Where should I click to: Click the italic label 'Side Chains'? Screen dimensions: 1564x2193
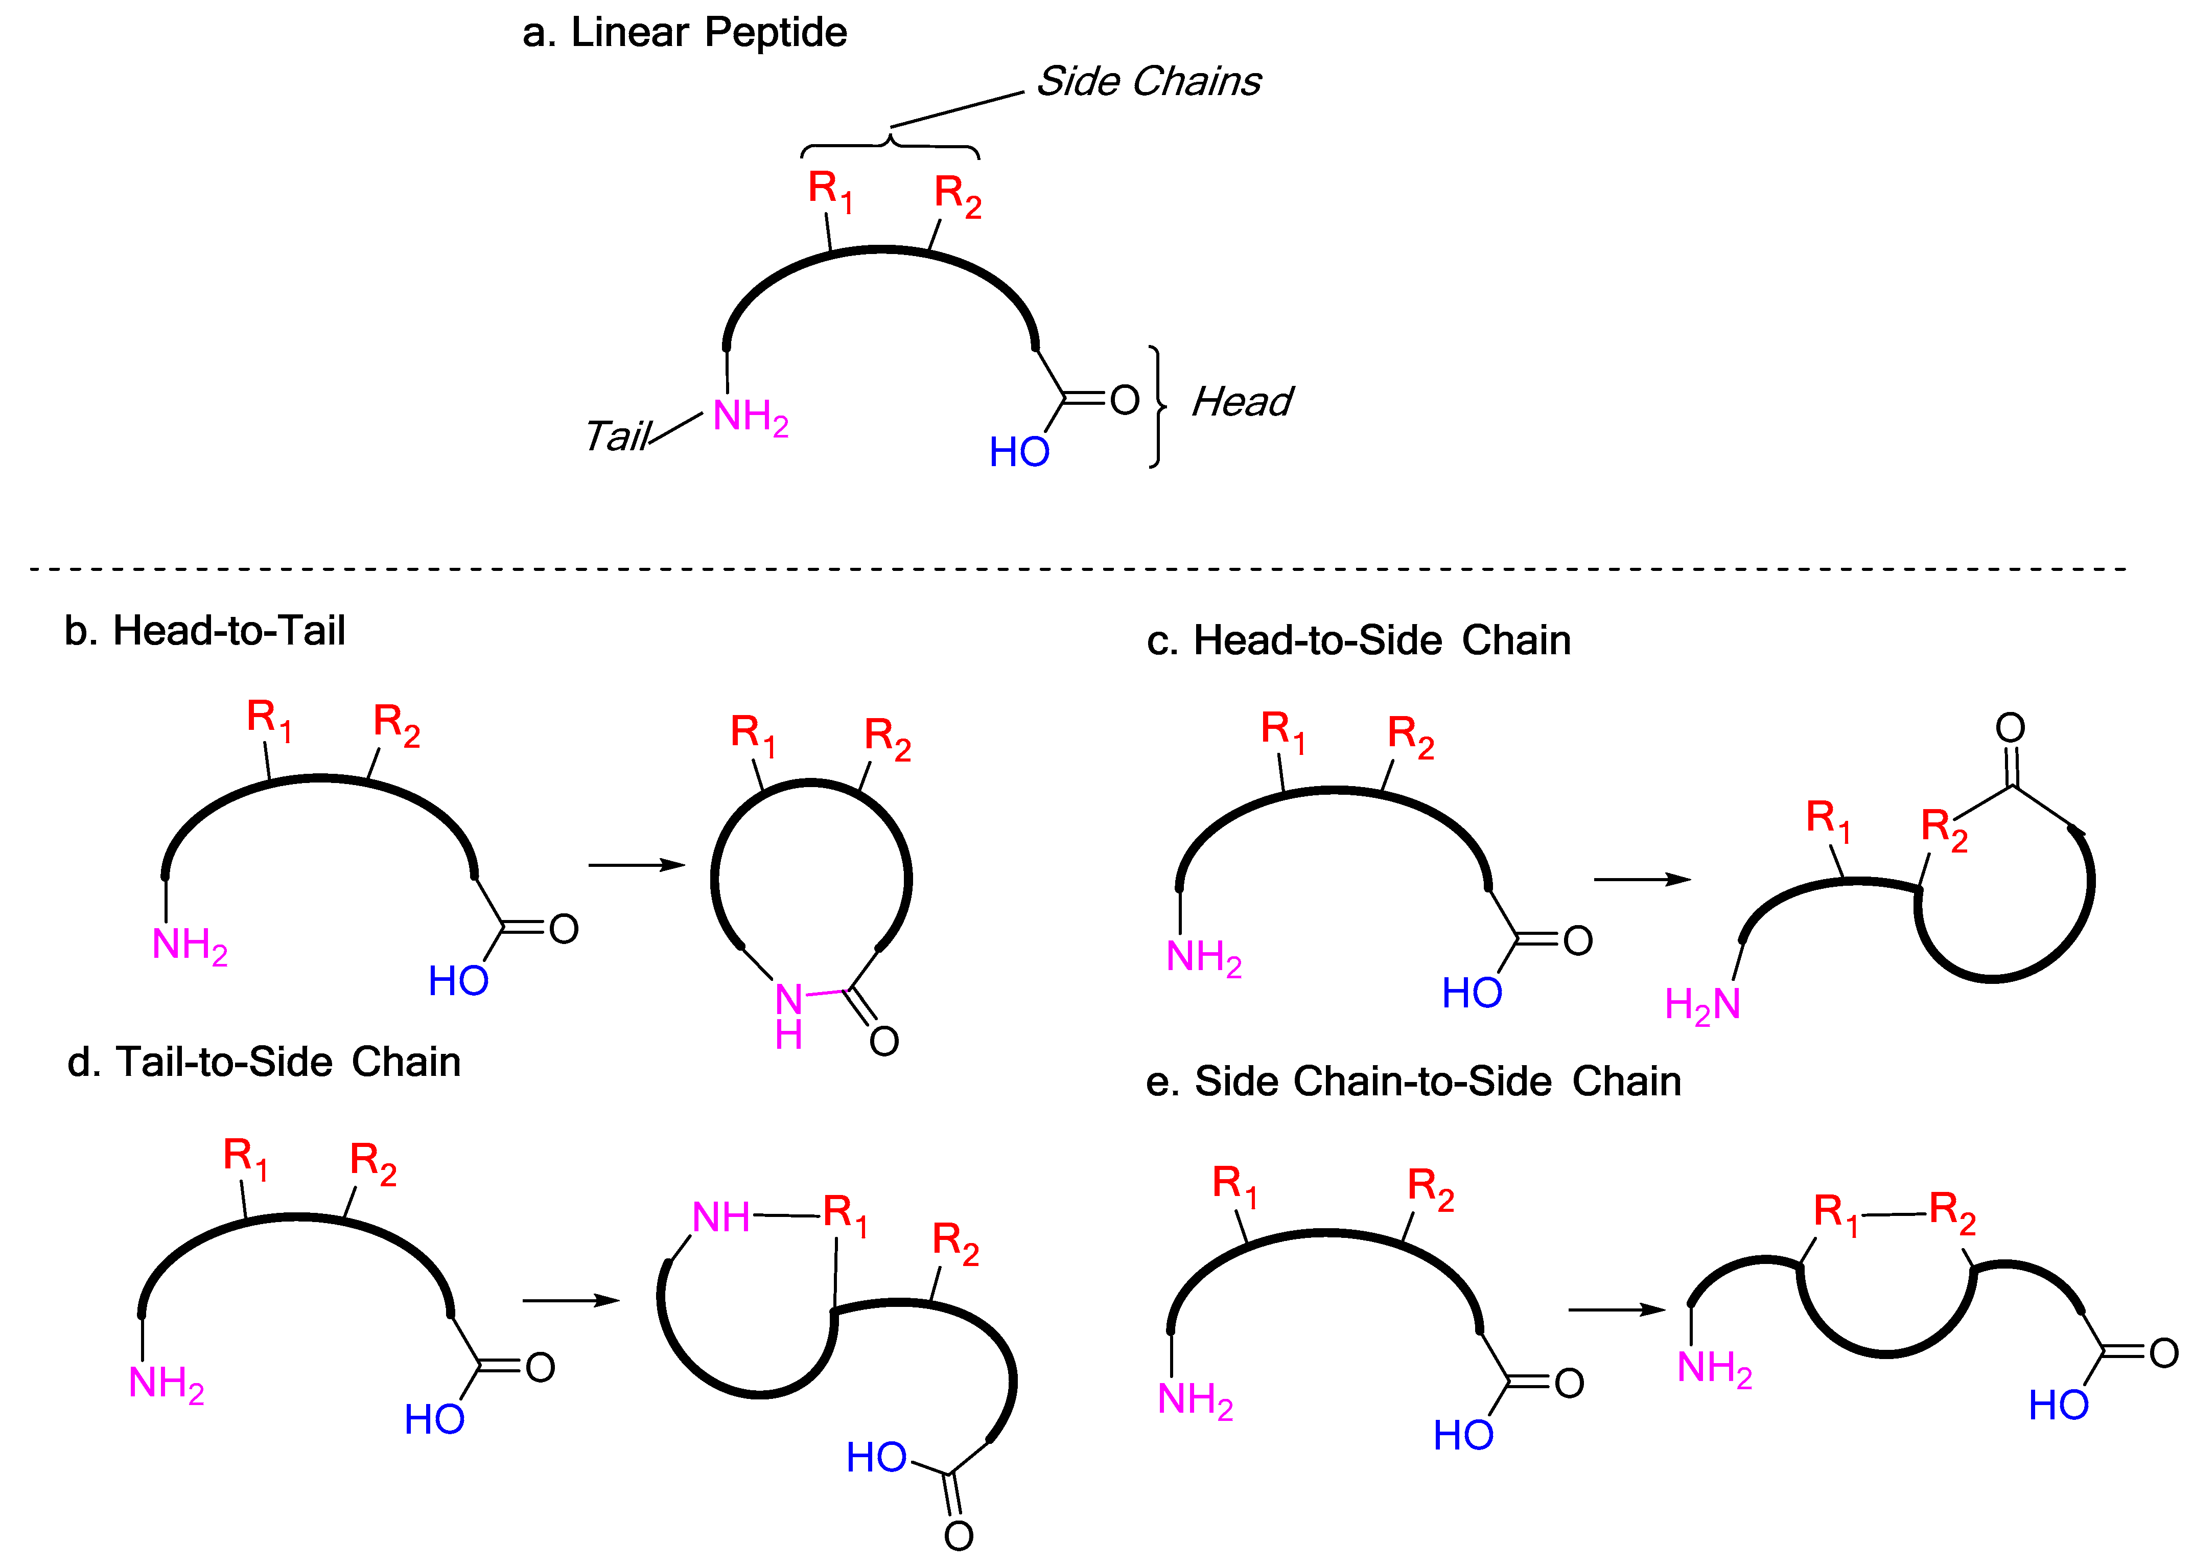tap(1148, 82)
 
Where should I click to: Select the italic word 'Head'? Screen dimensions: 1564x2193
tap(1242, 402)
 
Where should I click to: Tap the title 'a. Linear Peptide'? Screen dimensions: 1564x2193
tap(685, 33)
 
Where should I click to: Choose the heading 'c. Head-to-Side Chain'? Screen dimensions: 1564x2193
tap(1358, 640)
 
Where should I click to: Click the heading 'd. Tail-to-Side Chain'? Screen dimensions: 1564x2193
tap(264, 1062)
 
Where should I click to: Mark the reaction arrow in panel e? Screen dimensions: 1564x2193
tap(1616, 1310)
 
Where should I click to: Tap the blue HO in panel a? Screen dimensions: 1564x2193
tap(1018, 452)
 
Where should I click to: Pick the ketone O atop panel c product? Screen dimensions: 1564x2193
tap(2010, 727)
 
